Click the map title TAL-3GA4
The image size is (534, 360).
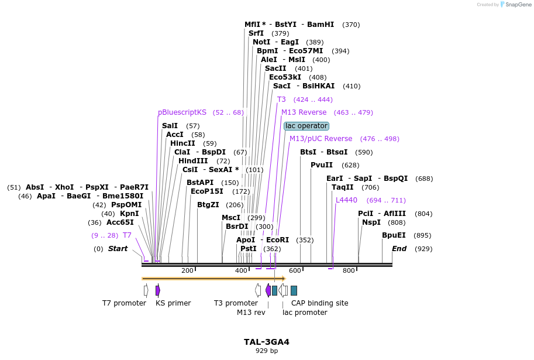pos(267,342)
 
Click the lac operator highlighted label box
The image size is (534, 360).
pos(306,126)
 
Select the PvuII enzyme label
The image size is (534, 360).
pos(322,165)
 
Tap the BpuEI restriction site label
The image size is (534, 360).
pos(394,235)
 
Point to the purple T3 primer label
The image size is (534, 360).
pos(281,100)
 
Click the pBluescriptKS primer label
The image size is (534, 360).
pos(182,112)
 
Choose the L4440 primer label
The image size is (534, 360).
pos(346,200)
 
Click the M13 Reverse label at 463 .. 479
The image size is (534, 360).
pos(304,112)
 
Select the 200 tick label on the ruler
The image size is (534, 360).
pos(187,270)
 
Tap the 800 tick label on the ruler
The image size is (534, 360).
pos(349,270)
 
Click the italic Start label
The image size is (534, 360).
pos(118,249)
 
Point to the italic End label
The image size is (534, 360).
pos(399,249)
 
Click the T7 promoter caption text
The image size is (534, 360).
pos(124,303)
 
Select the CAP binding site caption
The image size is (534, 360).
pos(319,303)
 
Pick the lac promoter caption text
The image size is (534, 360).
pos(305,313)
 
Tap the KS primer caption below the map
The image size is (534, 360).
pos(173,303)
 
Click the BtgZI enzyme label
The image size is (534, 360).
pos(208,205)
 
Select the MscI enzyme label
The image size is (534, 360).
pos(231,218)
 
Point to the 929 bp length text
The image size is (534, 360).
pos(267,351)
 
